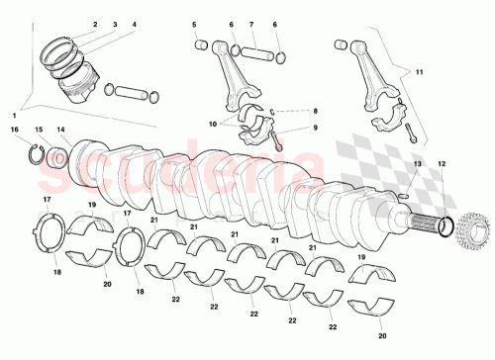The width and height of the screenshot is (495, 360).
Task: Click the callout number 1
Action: [15, 118]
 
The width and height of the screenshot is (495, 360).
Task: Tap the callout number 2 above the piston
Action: [95, 24]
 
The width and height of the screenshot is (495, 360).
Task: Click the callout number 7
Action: [252, 24]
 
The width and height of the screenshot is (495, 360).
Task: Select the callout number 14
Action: [60, 130]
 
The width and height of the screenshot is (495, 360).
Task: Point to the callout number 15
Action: [40, 130]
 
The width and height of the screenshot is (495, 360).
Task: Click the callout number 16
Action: [15, 130]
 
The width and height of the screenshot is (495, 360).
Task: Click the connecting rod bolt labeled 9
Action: [276, 140]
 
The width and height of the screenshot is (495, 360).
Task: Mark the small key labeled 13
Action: [407, 195]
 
